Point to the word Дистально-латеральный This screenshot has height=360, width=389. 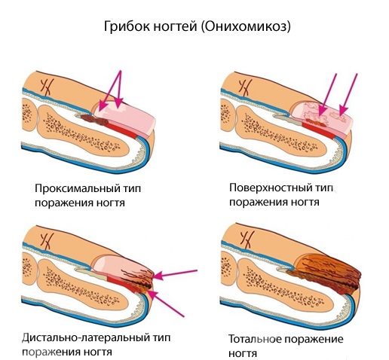click(x=85, y=337)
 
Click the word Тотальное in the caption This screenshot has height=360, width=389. click(x=255, y=339)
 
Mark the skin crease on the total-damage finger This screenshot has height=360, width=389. click(x=247, y=240)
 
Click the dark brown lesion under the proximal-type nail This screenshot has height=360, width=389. click(x=95, y=120)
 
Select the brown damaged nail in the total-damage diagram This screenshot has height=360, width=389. click(x=326, y=274)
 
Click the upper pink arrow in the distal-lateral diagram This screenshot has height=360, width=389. click(x=175, y=273)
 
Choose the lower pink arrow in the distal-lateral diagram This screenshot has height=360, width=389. click(x=166, y=304)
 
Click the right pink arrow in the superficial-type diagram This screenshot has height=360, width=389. click(x=348, y=95)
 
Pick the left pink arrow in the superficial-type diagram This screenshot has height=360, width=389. click(x=327, y=95)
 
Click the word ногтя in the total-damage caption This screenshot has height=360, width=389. click(x=243, y=353)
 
